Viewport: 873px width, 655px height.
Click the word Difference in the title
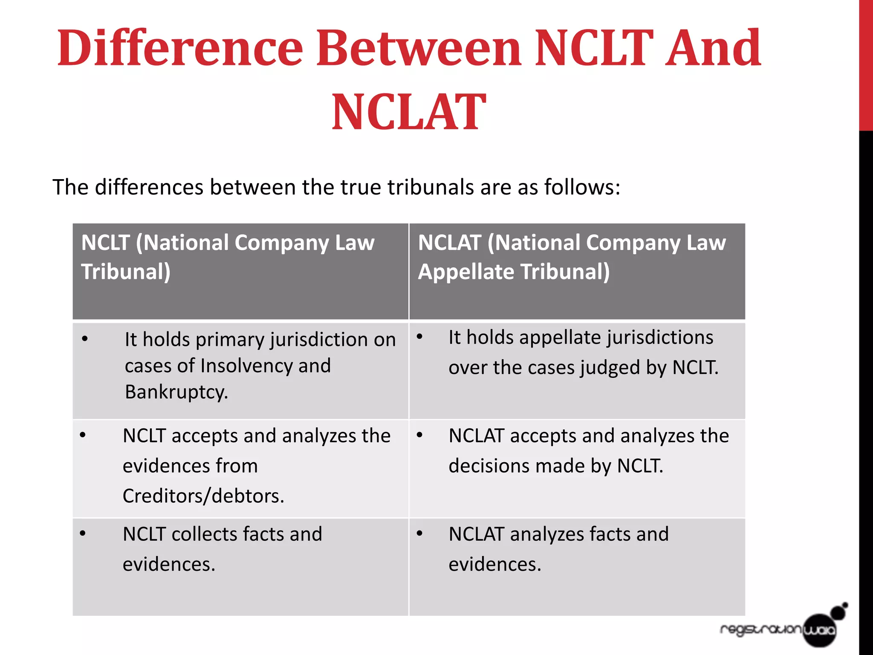[180, 48]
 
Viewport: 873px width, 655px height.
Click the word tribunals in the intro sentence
[431, 187]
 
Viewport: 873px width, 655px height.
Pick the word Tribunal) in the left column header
[126, 272]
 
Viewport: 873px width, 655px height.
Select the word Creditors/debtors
[203, 496]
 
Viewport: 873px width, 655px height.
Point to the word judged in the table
[610, 368]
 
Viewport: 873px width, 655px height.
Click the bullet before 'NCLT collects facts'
[83, 533]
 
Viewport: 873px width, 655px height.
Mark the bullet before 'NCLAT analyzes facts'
[420, 533]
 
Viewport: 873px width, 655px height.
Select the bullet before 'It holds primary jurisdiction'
[85, 339]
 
